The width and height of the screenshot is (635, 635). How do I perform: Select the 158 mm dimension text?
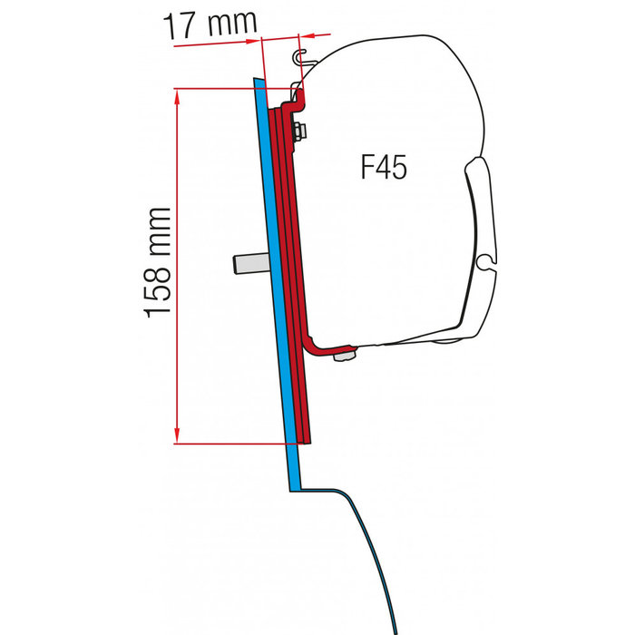158,262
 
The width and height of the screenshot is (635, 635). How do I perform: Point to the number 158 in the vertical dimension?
158,289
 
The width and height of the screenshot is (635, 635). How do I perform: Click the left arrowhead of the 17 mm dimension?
263,38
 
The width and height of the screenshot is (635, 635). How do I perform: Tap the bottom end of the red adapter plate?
306,439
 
